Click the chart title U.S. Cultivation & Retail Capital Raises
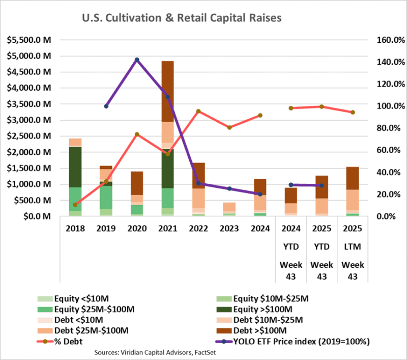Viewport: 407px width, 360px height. [x=182, y=18]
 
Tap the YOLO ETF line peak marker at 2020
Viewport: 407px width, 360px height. [x=137, y=60]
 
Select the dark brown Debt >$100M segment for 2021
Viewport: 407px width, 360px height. [x=167, y=91]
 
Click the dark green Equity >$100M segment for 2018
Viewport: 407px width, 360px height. [x=75, y=167]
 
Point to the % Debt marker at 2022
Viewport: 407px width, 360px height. [x=198, y=111]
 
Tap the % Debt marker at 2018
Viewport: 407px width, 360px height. [x=75, y=205]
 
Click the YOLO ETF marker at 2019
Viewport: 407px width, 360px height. [x=106, y=106]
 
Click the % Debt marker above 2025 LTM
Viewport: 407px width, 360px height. [x=353, y=112]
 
